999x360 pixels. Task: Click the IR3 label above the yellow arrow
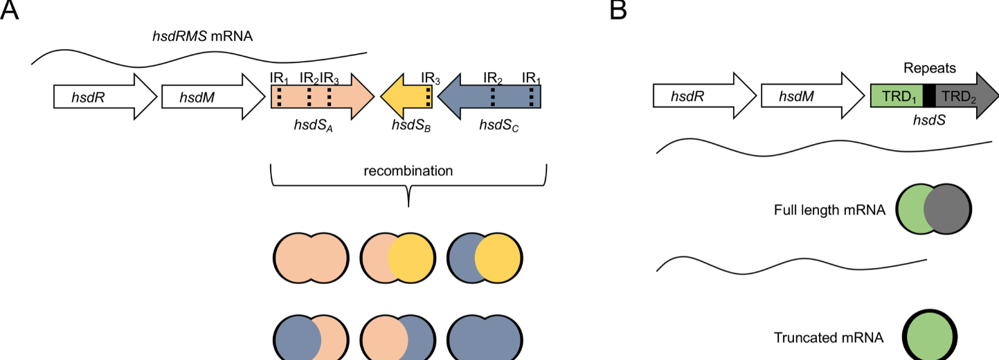(x=431, y=77)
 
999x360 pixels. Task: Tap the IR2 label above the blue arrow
(x=493, y=77)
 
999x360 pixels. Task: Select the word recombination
(x=408, y=170)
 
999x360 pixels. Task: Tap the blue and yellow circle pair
(x=484, y=259)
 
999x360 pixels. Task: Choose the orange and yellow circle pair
(x=397, y=259)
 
